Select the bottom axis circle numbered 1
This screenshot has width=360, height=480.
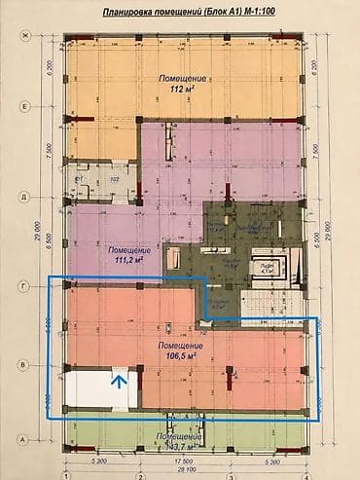[65, 476]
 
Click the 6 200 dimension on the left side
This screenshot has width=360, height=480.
[45, 73]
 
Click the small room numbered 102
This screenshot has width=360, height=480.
[114, 179]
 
